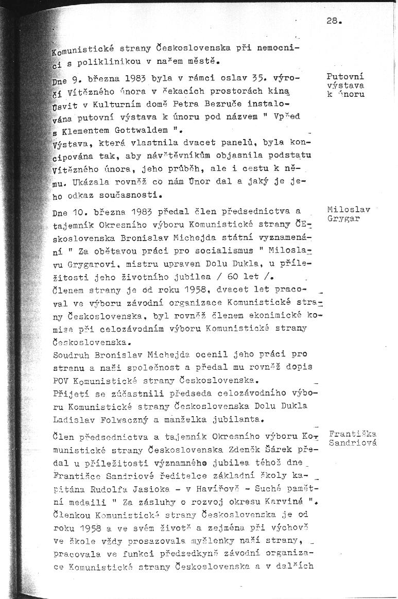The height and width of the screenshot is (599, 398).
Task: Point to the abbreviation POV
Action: tap(62, 381)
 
